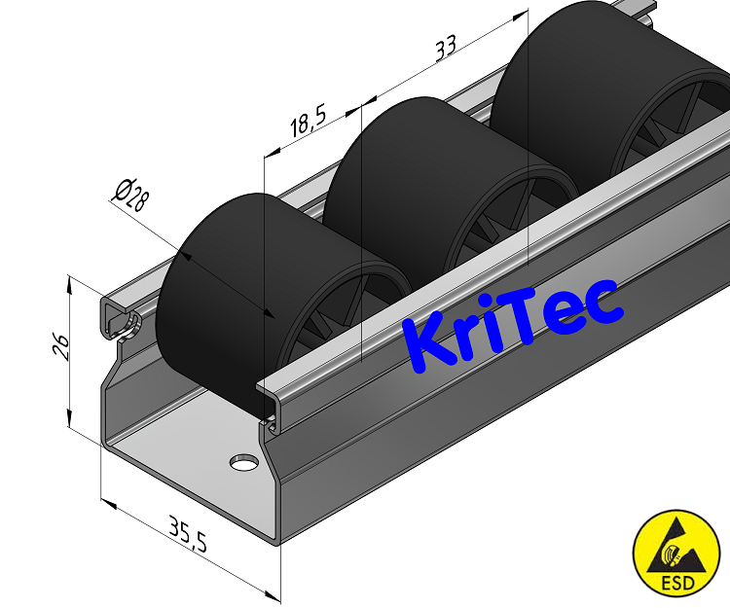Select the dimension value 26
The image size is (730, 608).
click(x=59, y=347)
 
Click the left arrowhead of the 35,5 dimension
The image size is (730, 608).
click(x=106, y=503)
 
